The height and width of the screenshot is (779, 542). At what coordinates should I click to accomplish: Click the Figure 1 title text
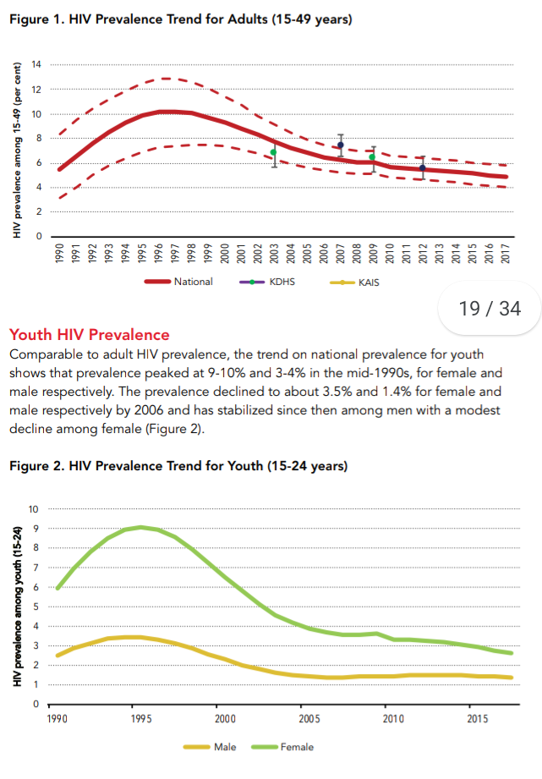[181, 19]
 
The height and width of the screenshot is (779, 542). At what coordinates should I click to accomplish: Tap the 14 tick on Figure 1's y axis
[36, 64]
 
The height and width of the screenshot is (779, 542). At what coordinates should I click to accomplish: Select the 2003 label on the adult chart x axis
[274, 254]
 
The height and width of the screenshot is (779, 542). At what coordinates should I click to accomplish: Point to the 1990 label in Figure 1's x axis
[59, 254]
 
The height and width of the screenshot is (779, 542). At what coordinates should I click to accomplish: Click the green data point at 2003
[274, 152]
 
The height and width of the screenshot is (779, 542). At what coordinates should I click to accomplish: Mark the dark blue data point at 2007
[340, 145]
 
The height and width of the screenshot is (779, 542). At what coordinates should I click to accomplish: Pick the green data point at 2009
[372, 157]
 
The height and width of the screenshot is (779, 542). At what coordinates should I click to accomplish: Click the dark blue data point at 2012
[423, 168]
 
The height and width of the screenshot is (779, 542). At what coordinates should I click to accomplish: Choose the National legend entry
[179, 282]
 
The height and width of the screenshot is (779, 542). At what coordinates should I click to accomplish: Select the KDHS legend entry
[267, 282]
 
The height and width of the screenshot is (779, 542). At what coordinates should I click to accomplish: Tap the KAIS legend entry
[354, 283]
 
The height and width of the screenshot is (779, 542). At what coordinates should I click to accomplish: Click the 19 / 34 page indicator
[490, 309]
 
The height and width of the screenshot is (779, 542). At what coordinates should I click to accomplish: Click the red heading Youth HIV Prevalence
[90, 334]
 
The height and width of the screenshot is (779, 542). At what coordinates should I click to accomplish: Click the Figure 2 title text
[178, 466]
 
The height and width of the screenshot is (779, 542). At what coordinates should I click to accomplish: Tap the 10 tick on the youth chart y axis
[33, 509]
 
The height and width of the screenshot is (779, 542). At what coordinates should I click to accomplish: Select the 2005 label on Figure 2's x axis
[309, 719]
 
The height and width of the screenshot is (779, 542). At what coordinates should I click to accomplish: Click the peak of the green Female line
[141, 527]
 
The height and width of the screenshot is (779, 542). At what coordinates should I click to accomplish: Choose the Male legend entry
[211, 747]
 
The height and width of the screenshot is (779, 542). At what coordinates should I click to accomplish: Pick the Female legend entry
[282, 747]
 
